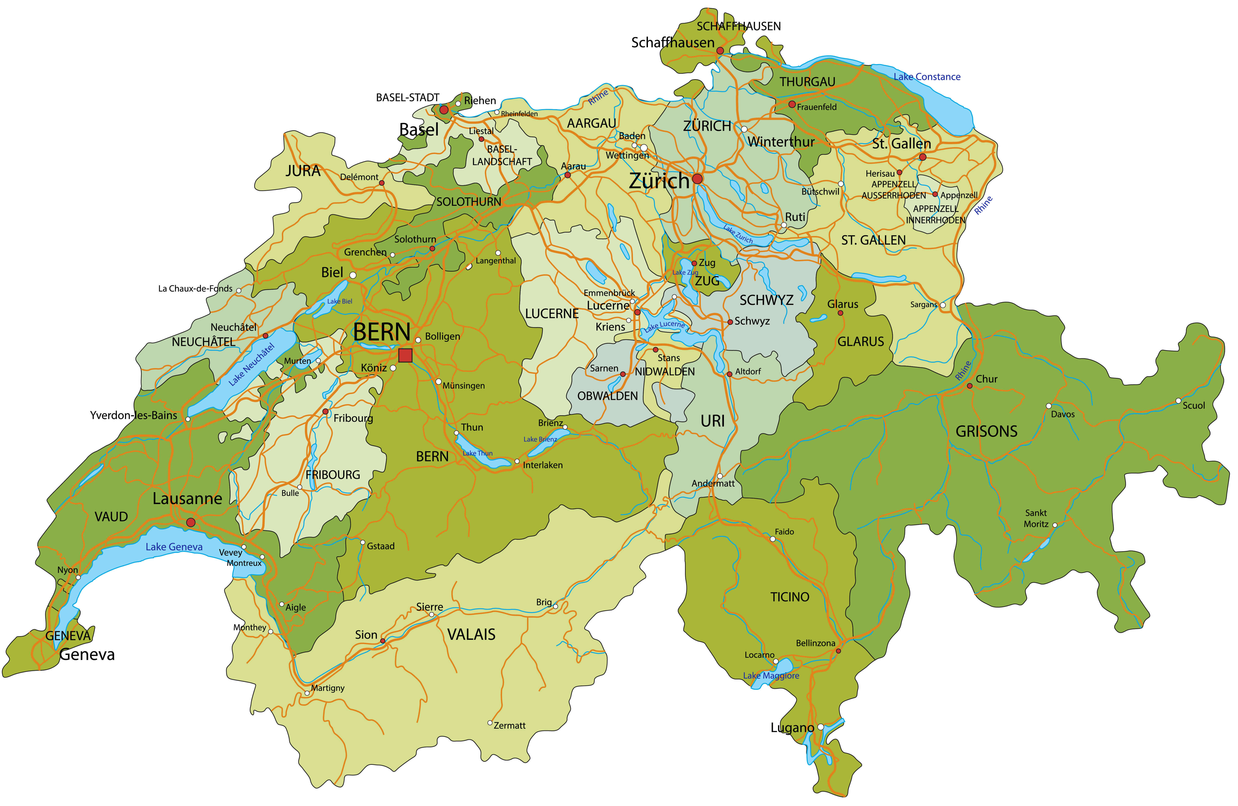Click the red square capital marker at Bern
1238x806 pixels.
[405, 356]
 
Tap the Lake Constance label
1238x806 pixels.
[927, 77]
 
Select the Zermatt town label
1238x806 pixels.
[509, 725]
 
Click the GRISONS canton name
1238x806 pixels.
[986, 431]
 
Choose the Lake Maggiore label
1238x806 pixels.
[771, 675]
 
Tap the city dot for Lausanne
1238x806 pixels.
[191, 522]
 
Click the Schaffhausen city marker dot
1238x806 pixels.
[720, 50]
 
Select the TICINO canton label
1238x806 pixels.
[790, 597]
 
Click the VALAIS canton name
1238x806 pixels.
[471, 634]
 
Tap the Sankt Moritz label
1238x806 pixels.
[1036, 518]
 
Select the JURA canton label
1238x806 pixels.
[303, 171]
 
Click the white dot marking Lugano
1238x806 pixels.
[820, 727]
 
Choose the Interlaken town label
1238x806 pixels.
[542, 465]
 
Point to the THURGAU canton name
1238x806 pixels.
[807, 82]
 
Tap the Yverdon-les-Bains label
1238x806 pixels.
[134, 415]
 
